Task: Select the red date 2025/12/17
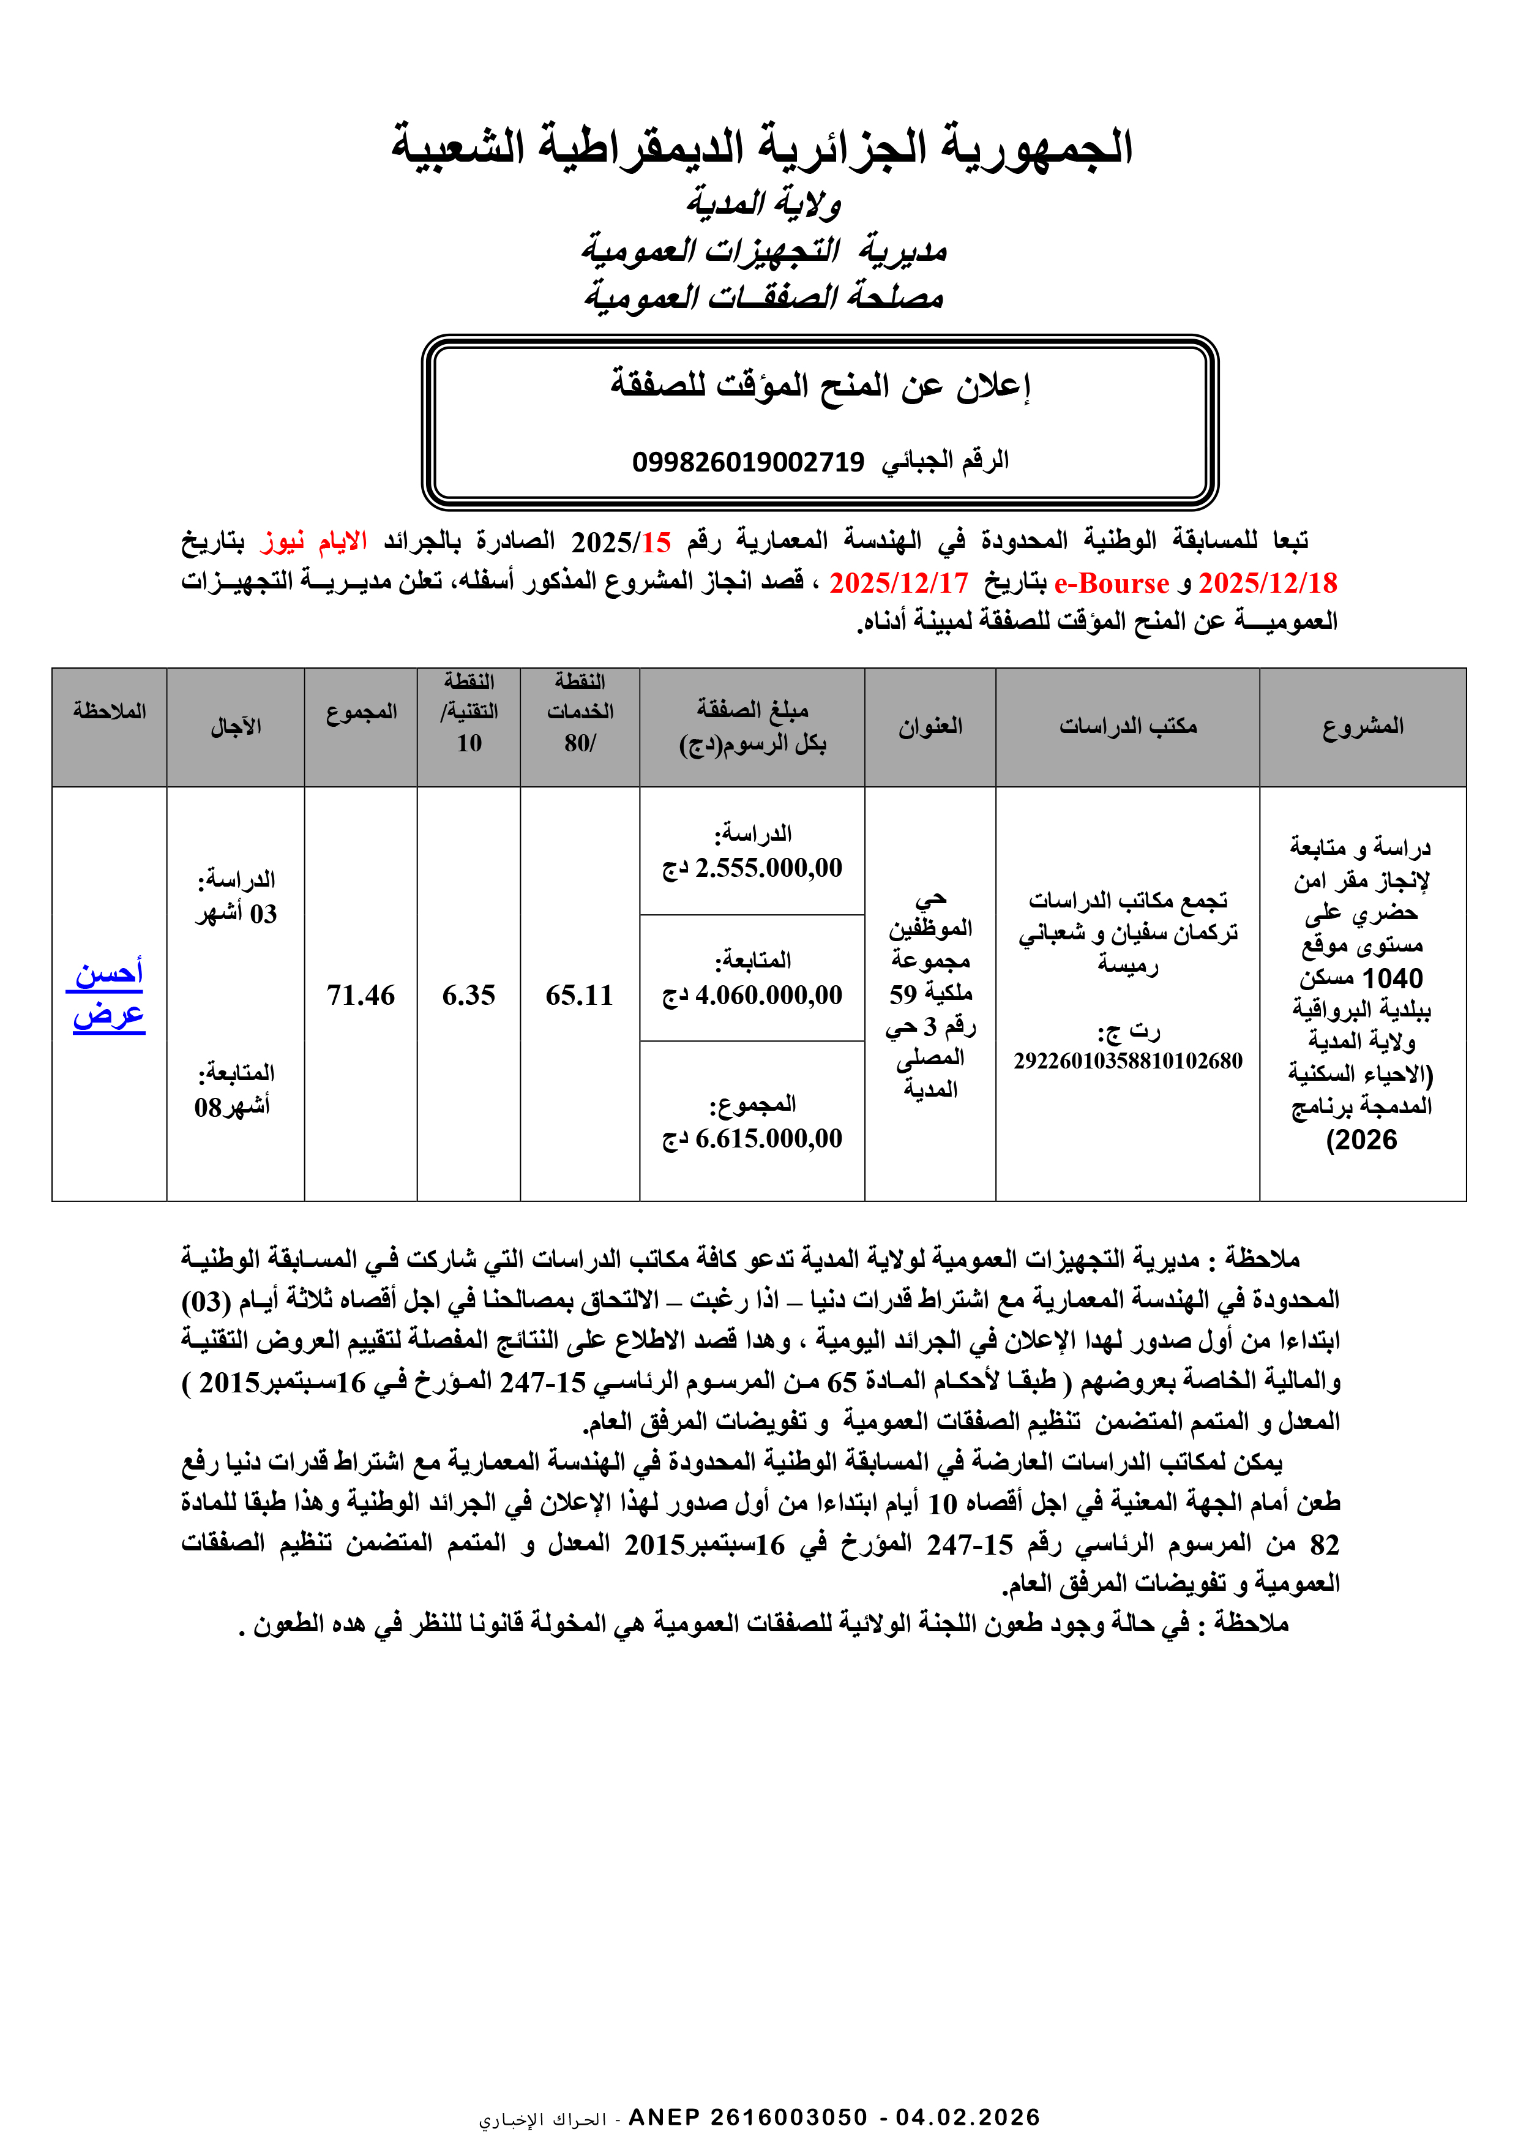[x=898, y=583]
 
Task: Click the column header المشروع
[x=1362, y=726]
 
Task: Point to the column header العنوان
[x=930, y=726]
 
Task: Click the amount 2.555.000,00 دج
[x=752, y=868]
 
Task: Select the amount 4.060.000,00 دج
[x=752, y=996]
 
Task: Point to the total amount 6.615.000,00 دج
[x=752, y=1138]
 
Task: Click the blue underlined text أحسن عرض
[x=108, y=994]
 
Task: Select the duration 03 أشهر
[x=236, y=914]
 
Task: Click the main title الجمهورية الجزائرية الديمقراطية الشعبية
[x=761, y=148]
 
